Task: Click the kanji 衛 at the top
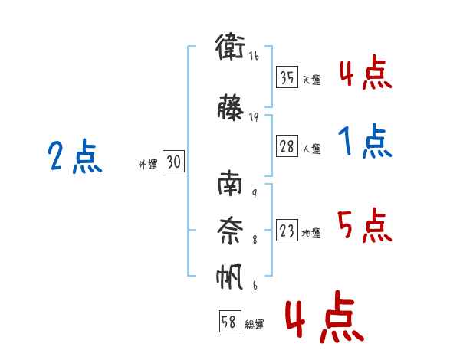pyautogui.click(x=231, y=47)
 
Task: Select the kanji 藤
pyautogui.click(x=231, y=106)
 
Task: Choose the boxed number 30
pyautogui.click(x=174, y=162)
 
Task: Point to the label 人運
pyautogui.click(x=311, y=149)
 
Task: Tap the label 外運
pyautogui.click(x=148, y=165)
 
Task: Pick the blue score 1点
pyautogui.click(x=364, y=142)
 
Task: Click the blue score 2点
pyautogui.click(x=74, y=157)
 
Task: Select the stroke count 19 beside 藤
pyautogui.click(x=254, y=116)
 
